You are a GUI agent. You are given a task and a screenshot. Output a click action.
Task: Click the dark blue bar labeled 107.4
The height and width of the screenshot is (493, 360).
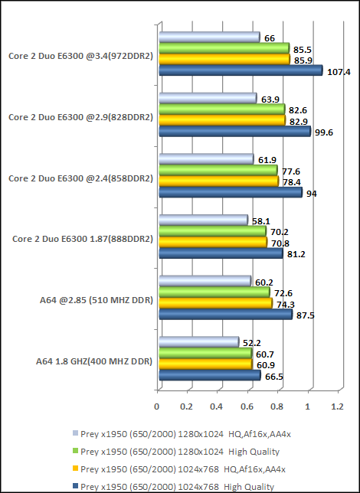point(240,70)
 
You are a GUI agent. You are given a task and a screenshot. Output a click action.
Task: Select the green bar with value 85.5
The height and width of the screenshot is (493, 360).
point(223,48)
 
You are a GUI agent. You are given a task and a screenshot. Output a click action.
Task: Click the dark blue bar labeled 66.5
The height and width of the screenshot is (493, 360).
point(209,375)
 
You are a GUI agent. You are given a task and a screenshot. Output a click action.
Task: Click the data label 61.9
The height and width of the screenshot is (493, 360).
point(267,159)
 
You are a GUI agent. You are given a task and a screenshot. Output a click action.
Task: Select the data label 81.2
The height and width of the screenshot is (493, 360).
point(296,254)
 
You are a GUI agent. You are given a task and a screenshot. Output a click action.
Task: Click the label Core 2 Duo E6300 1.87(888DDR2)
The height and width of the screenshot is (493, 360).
point(83,239)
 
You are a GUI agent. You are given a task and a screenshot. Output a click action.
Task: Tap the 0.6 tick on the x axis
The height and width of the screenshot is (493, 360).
point(247,406)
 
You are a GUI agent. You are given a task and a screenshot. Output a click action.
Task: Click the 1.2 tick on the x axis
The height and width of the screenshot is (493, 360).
point(337,406)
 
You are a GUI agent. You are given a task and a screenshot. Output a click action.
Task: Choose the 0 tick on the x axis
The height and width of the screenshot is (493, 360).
point(158,406)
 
